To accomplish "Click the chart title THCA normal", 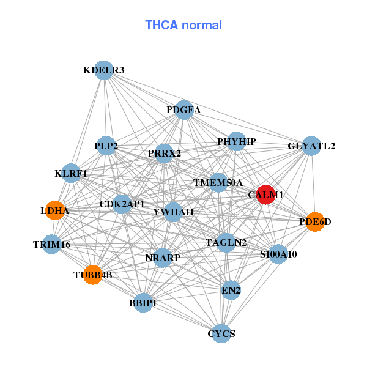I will click(183, 25).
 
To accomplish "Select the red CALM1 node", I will click(265, 195).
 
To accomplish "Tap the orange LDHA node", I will click(55, 210).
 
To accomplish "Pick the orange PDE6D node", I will click(314, 221).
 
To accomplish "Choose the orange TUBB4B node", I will click(92, 275).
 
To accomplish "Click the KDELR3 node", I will click(104, 70).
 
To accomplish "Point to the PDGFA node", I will click(183, 110).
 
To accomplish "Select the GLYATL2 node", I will click(312, 146).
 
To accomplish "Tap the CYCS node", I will click(221, 333).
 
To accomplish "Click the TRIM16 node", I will click(52, 244).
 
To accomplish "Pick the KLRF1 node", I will click(71, 173).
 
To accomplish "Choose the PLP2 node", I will click(106, 146).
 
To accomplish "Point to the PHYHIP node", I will click(236, 141).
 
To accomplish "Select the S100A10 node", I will click(278, 254).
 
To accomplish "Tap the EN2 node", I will click(231, 289).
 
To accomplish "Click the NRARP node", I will click(163, 258).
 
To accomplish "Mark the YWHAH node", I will click(174, 212).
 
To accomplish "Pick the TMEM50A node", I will click(218, 182).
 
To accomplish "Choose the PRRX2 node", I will click(165, 153).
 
